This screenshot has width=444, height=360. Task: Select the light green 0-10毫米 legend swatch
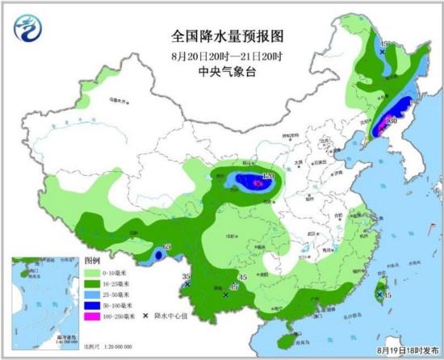point(93,273)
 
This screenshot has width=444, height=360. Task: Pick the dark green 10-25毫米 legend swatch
point(93,283)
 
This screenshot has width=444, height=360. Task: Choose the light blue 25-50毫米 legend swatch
point(93,294)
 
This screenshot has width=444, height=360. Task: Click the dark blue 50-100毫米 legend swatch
point(93,304)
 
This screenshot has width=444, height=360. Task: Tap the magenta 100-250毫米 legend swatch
point(93,315)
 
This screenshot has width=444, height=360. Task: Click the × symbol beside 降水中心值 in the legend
point(146,315)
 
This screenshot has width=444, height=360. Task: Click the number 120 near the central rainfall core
point(268,176)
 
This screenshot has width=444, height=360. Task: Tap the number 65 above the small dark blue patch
point(169,246)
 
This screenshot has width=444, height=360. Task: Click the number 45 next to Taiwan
point(388,296)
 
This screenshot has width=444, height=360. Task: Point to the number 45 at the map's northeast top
point(385,43)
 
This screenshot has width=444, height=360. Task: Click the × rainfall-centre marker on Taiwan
point(379,296)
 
